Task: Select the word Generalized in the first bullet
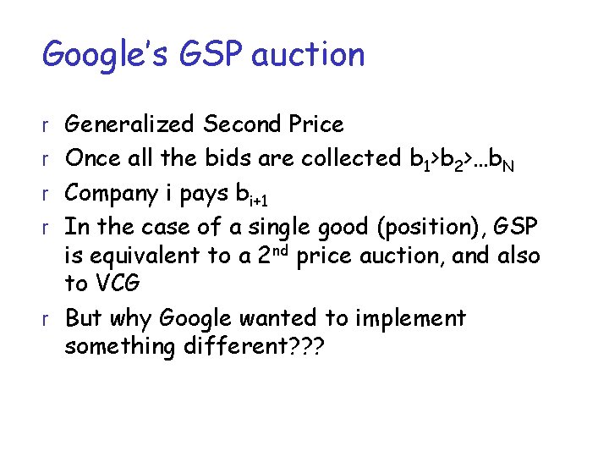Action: point(130,125)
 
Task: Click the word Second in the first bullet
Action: point(240,124)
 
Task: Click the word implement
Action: point(407,319)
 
